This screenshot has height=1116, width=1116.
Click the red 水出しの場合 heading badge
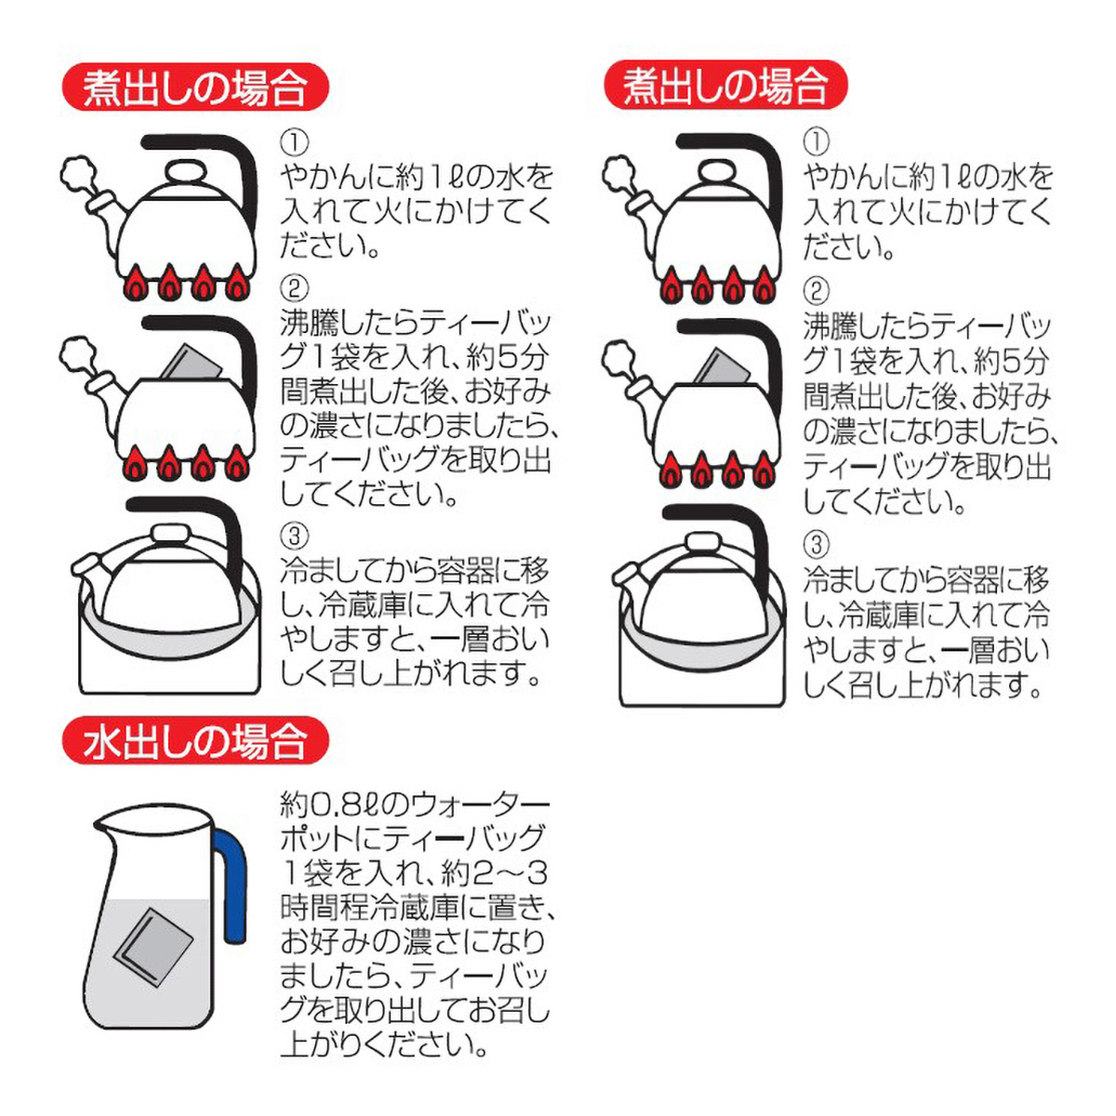coord(195,742)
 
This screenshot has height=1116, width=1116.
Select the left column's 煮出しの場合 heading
coord(195,88)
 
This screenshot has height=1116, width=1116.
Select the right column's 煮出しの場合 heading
coord(726,86)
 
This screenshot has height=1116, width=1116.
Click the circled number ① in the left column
coord(294,142)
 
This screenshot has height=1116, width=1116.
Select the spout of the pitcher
coord(104,822)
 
